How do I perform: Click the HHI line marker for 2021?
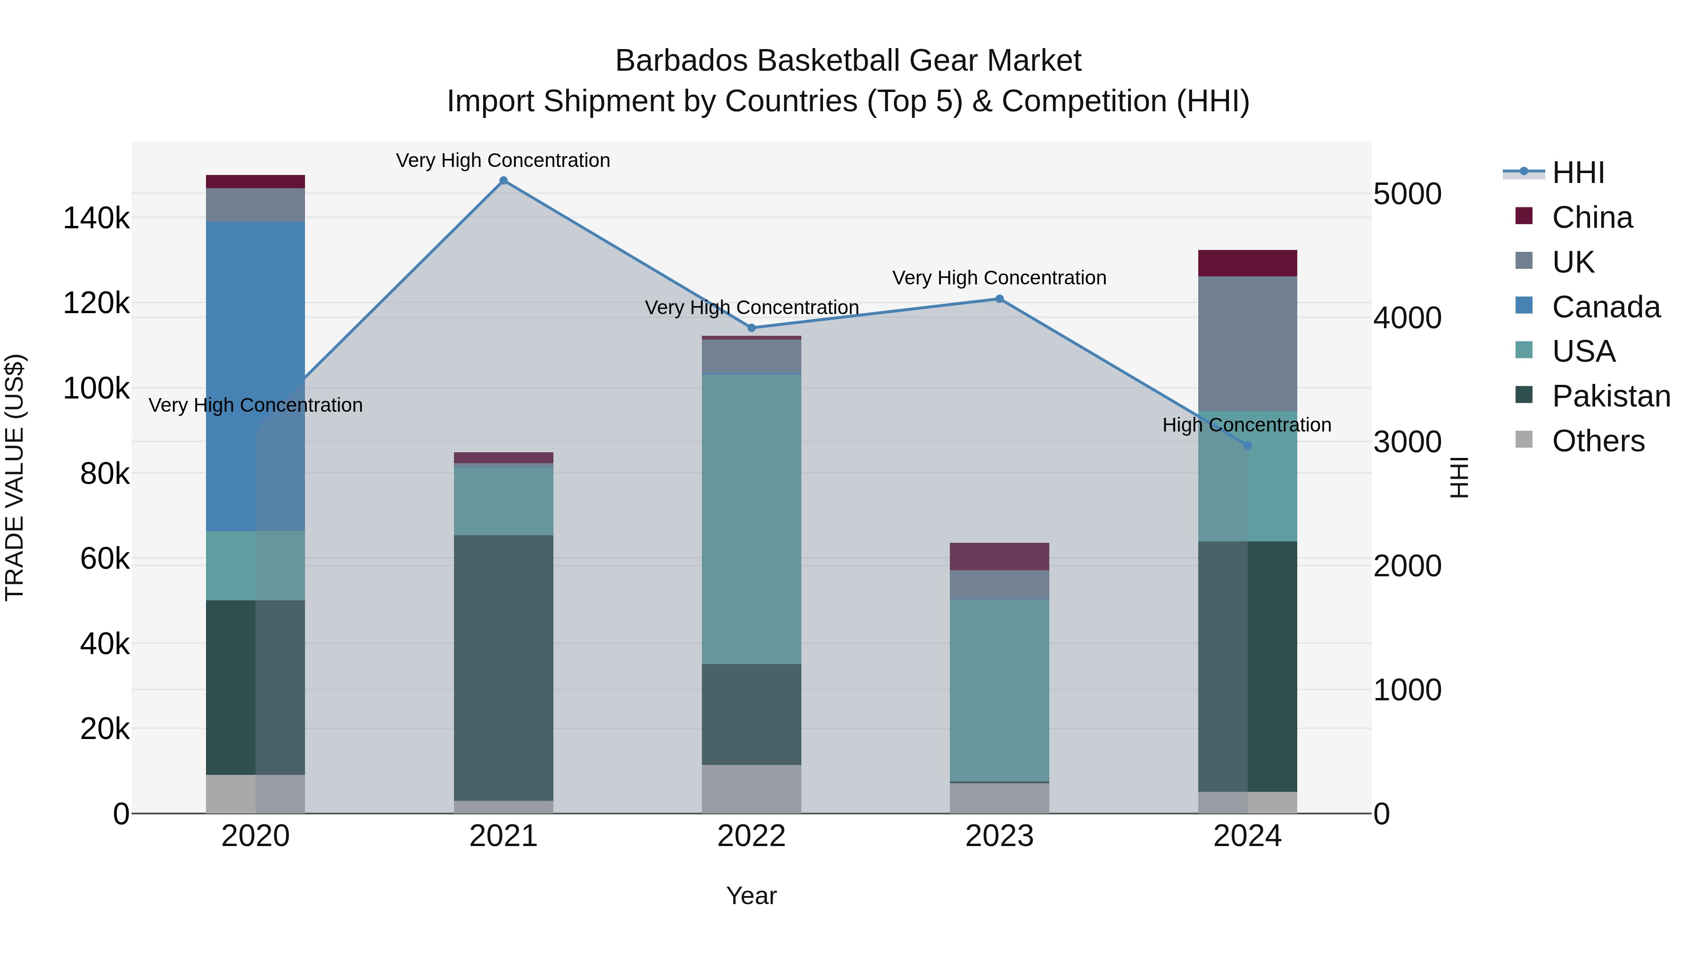coord(503,181)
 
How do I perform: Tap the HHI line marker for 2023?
coord(999,299)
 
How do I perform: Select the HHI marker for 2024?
coord(1247,446)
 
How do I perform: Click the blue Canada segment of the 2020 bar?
coord(255,376)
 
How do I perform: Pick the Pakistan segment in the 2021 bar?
coord(503,667)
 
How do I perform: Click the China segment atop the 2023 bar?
coord(999,556)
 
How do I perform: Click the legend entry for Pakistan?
coord(1611,396)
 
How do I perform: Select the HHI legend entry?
coord(1578,173)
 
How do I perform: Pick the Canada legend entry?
coord(1606,307)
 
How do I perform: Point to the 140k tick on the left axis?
coord(96,218)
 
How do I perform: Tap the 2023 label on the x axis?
coord(999,836)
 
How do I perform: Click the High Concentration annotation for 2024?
coord(1246,425)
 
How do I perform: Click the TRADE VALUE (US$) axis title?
coord(15,477)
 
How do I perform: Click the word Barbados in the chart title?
coord(681,61)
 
